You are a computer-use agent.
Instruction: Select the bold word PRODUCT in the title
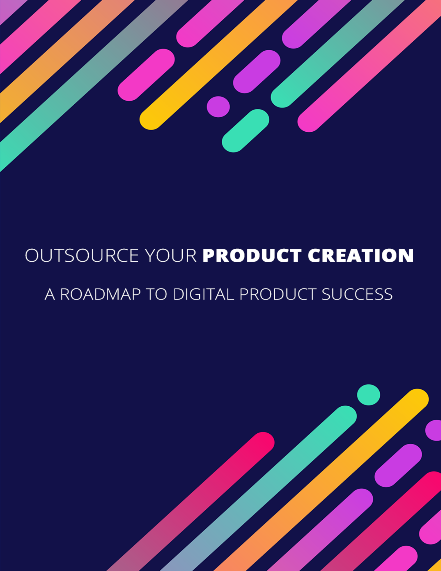tap(252, 255)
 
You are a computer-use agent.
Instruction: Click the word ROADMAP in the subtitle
tap(100, 294)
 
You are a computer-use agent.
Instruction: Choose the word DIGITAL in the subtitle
tap(203, 294)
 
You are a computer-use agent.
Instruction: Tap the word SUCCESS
tap(357, 294)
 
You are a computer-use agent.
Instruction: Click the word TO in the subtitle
tap(157, 294)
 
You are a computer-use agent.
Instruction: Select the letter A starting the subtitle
tap(50, 294)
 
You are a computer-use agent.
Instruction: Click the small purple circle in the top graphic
tap(218, 107)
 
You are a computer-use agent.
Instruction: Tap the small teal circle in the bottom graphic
tap(368, 395)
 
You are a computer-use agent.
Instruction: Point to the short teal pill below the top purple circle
tap(245, 131)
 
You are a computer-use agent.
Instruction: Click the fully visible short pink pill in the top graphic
tap(146, 75)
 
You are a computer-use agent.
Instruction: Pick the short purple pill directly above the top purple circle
tap(257, 72)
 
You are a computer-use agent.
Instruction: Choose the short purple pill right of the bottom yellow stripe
tap(398, 466)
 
